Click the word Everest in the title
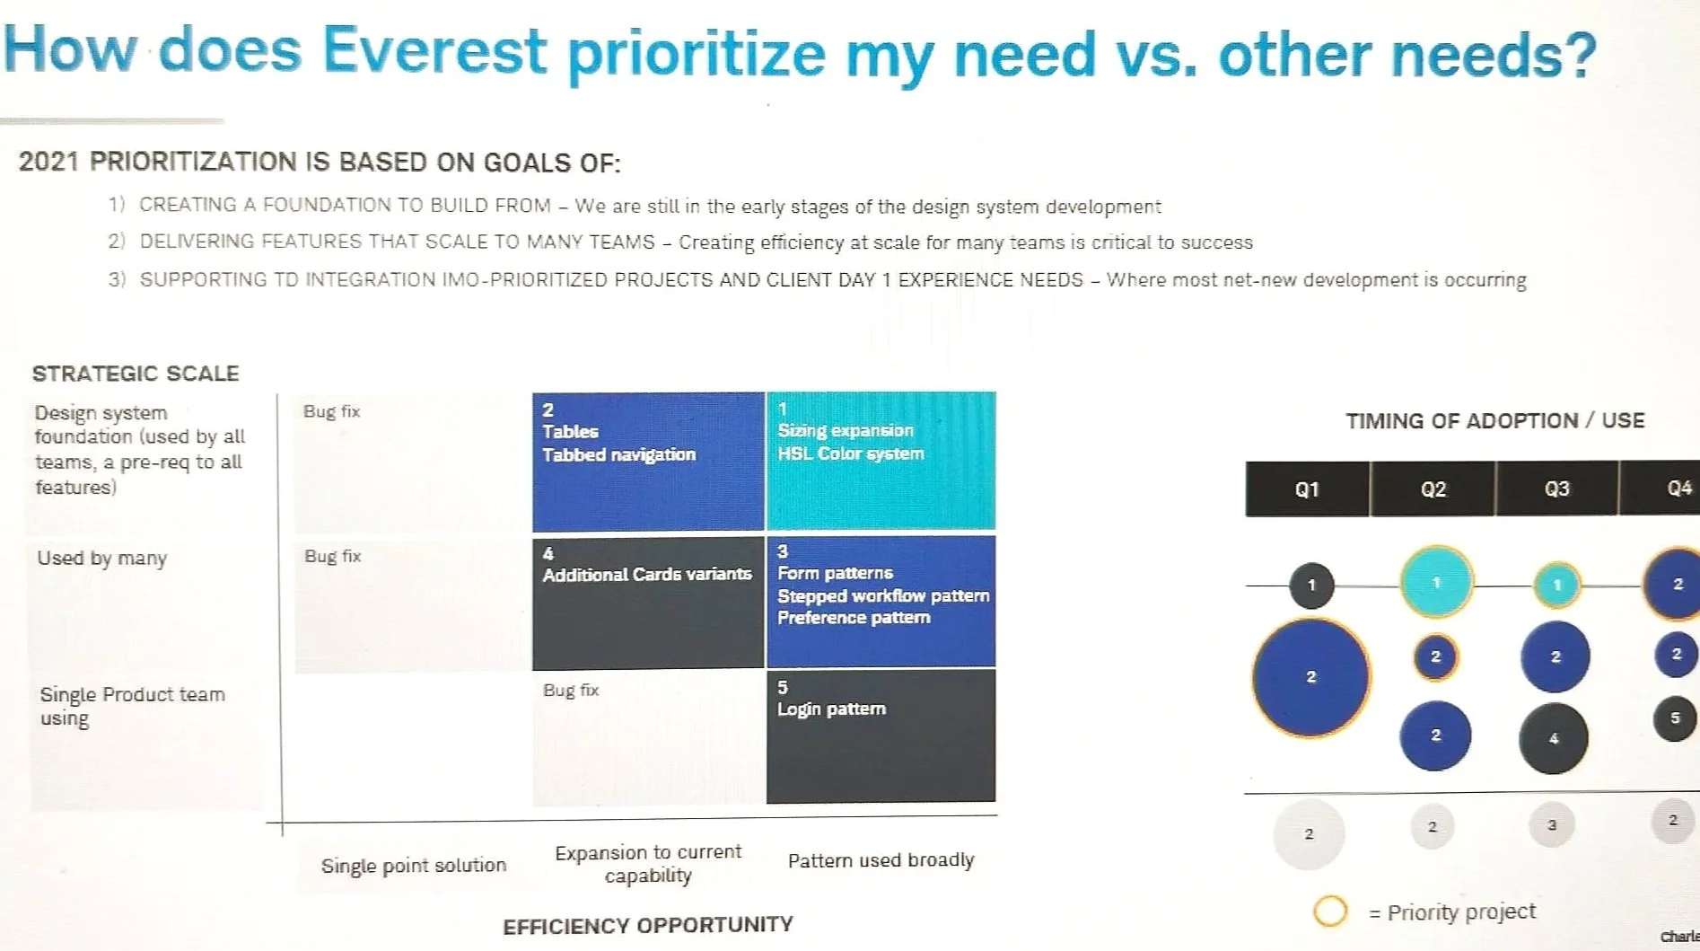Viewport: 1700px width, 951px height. click(x=434, y=50)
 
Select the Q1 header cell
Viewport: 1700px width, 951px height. click(x=1307, y=489)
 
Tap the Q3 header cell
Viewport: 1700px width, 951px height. click(x=1556, y=489)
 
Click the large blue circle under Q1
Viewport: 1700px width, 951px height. click(x=1310, y=677)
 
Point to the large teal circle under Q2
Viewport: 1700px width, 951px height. click(x=1436, y=583)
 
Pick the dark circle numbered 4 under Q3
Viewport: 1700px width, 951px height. click(x=1553, y=739)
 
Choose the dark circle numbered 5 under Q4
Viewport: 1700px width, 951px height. click(x=1674, y=718)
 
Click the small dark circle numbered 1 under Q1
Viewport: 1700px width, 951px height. click(x=1311, y=586)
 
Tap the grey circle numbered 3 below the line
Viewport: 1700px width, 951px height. click(x=1551, y=825)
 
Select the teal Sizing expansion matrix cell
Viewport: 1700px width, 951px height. click(x=881, y=461)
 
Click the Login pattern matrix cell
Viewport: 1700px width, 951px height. click(x=881, y=735)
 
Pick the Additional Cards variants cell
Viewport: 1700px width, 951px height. click(x=647, y=603)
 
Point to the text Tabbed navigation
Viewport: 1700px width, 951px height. click(x=618, y=454)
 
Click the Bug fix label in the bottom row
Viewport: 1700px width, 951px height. click(x=571, y=690)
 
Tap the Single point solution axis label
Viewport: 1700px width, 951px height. click(x=414, y=865)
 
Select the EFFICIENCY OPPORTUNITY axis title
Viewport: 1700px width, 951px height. click(x=647, y=925)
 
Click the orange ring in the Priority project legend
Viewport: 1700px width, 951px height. click(x=1329, y=911)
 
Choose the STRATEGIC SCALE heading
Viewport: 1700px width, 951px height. click(x=136, y=374)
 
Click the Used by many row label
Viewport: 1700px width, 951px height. click(x=102, y=558)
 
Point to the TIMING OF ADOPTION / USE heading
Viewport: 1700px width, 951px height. click(x=1494, y=421)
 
